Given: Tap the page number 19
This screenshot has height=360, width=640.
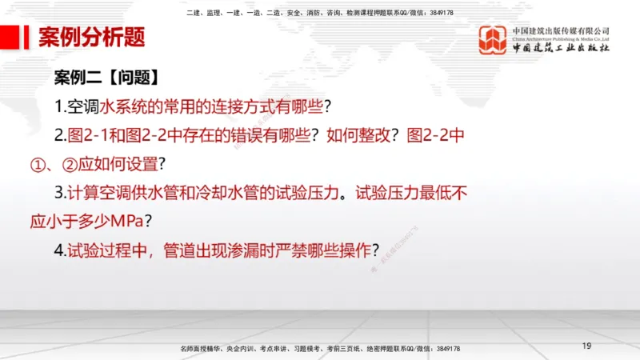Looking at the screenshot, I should [x=586, y=346].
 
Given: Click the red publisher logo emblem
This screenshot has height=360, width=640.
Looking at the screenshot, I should [x=493, y=40].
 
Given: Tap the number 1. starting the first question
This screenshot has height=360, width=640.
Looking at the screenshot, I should [x=60, y=106].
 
